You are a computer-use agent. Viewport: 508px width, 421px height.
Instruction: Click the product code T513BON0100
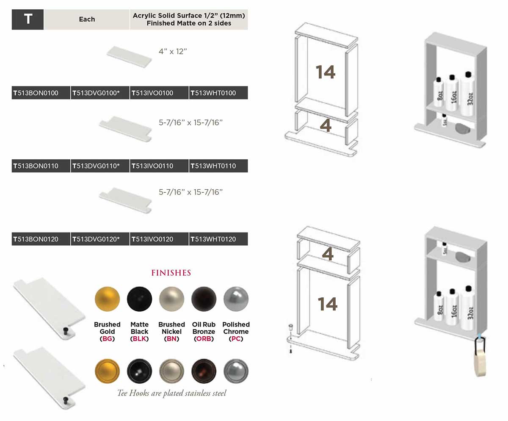tap(41, 93)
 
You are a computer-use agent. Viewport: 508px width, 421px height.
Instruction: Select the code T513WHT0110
tap(218, 166)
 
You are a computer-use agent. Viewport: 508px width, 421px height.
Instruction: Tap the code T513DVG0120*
tap(99, 239)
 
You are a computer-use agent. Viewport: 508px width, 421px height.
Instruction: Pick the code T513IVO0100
tap(159, 93)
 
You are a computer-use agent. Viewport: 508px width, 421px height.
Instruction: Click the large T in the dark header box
tap(28, 19)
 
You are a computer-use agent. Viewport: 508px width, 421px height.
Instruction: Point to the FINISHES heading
tap(171, 273)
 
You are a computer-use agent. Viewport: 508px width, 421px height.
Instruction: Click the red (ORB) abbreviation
tap(204, 339)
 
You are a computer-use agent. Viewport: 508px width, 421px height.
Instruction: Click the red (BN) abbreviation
tap(171, 339)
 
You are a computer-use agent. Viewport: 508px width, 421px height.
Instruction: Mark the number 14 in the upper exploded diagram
tap(325, 72)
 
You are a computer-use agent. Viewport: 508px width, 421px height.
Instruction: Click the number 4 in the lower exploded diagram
tap(328, 254)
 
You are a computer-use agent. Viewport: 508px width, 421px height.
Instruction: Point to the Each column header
tap(87, 19)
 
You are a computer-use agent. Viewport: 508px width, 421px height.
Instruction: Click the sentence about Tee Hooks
tap(171, 393)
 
